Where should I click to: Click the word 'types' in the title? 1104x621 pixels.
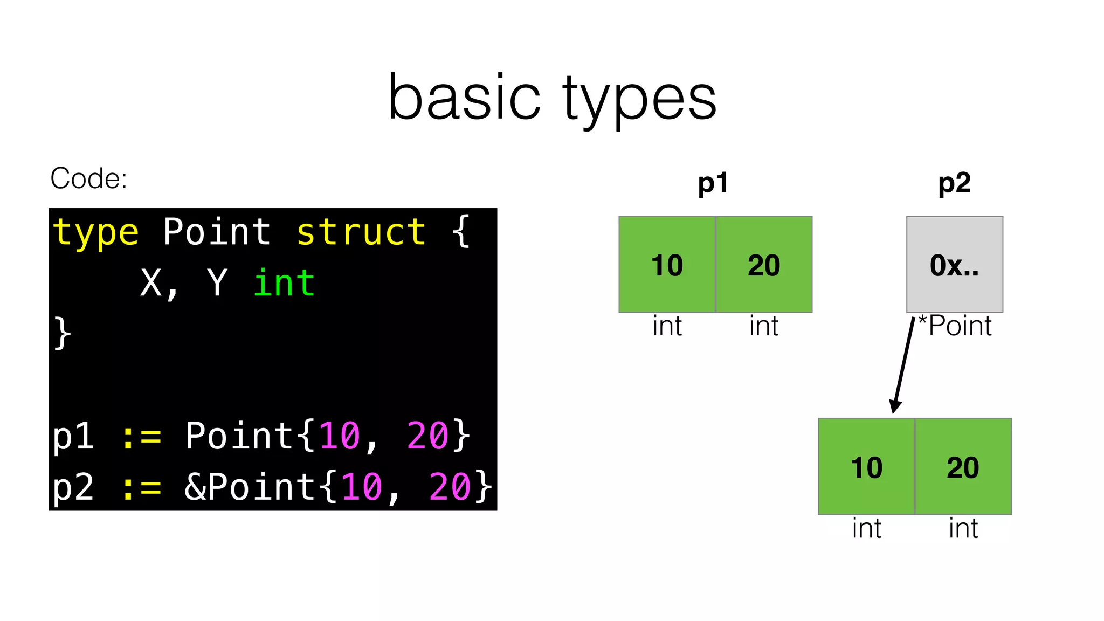[x=639, y=100]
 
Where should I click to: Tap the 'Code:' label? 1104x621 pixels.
[x=88, y=178]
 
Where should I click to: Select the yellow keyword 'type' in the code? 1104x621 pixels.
[x=96, y=233]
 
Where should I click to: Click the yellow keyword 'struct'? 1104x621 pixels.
[x=361, y=233]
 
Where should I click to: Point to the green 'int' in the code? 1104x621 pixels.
[x=284, y=283]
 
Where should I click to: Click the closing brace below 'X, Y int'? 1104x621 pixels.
[x=63, y=333]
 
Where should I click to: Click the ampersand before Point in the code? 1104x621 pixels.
[x=195, y=486]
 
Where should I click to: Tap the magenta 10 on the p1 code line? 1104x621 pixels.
[x=340, y=436]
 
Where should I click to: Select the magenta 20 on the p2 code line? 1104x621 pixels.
[x=450, y=486]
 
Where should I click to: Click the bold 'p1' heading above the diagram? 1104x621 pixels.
[x=713, y=183]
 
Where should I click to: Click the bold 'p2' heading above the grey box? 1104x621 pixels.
[x=954, y=183]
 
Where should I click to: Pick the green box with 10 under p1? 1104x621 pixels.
[x=667, y=265]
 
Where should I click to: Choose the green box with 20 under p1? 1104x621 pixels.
[x=764, y=265]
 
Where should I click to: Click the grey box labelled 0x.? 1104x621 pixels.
[x=955, y=265]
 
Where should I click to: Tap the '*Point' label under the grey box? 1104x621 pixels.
[x=955, y=326]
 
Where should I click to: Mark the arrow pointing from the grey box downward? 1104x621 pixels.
[x=904, y=367]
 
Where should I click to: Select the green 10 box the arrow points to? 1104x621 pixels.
[x=866, y=467]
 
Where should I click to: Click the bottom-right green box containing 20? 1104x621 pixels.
[x=963, y=467]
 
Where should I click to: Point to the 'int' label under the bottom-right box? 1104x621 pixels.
[x=963, y=528]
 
